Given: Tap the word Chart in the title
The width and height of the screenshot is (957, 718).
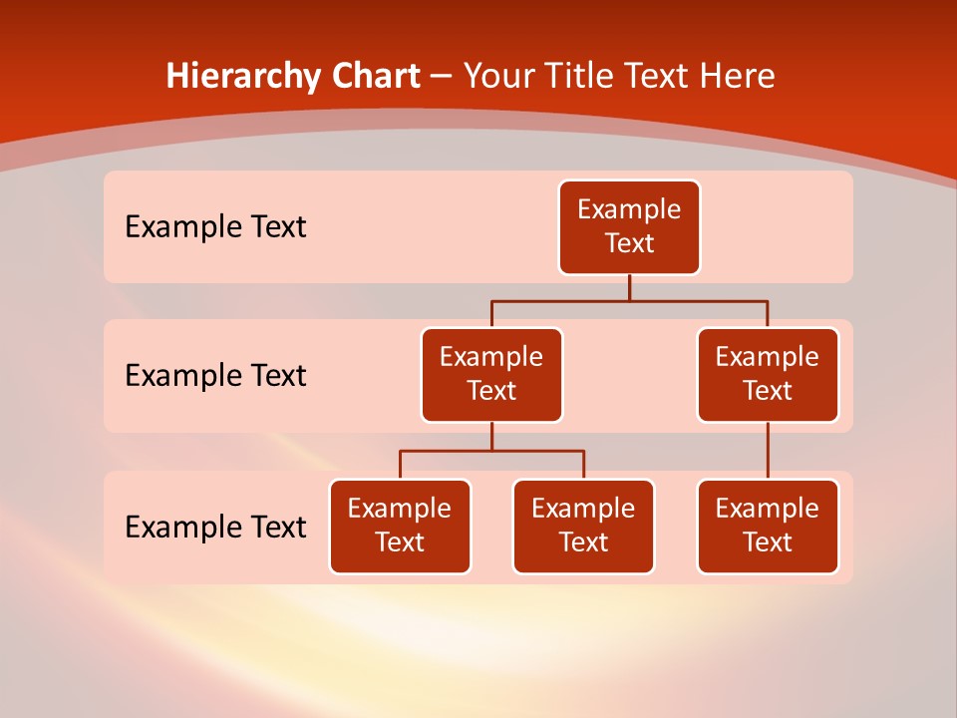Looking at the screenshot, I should pyautogui.click(x=376, y=77).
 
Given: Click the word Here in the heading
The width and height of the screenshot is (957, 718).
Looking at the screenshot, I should pyautogui.click(x=738, y=77).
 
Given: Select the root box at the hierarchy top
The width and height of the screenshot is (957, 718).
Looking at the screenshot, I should pyautogui.click(x=629, y=227).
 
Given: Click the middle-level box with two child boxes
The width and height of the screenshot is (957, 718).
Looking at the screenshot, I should pyautogui.click(x=491, y=375).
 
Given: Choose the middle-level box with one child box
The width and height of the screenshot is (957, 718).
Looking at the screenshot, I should pyautogui.click(x=768, y=375).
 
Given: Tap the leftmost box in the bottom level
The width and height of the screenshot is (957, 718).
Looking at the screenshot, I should pyautogui.click(x=400, y=527).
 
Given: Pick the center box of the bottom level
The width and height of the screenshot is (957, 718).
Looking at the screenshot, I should pyautogui.click(x=583, y=527).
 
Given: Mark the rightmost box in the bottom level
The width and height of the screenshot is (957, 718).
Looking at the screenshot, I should pyautogui.click(x=768, y=527).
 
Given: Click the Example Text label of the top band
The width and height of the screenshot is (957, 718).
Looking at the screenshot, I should pyautogui.click(x=215, y=227).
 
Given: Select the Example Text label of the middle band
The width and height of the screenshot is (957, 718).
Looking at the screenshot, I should pyautogui.click(x=215, y=376).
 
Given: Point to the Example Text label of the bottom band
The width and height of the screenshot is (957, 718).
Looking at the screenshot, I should pyautogui.click(x=215, y=527).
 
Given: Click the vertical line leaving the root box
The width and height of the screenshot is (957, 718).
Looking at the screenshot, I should pyautogui.click(x=629, y=287).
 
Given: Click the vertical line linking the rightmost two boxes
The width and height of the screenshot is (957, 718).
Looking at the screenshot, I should pyautogui.click(x=768, y=451).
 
